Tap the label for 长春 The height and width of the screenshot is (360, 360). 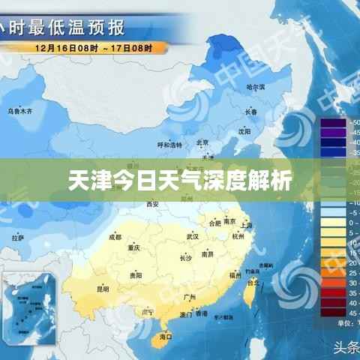[250, 112]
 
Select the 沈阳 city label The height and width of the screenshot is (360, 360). [244, 130]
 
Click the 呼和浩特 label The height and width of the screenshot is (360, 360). [169, 144]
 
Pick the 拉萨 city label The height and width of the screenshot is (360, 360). [18, 238]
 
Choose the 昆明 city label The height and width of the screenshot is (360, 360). [103, 288]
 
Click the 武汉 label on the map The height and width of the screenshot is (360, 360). [192, 236]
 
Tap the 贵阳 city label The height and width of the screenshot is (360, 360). [135, 275]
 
